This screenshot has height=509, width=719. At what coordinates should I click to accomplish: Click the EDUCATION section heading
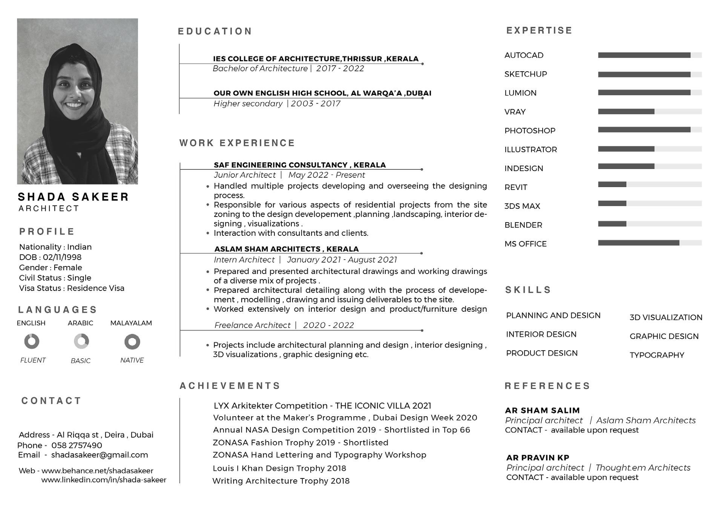coord(215,31)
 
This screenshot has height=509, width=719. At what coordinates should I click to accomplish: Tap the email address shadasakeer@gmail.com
coord(100,455)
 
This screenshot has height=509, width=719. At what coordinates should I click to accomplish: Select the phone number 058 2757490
coord(77,445)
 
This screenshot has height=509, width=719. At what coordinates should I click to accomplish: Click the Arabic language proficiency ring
coord(81,341)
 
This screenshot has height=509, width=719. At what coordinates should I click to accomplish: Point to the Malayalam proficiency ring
coord(132,342)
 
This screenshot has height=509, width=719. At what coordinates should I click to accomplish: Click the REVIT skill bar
coord(649,185)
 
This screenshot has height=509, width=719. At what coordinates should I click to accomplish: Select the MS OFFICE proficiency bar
coord(649,243)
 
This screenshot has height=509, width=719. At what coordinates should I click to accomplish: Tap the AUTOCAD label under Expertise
coord(524,55)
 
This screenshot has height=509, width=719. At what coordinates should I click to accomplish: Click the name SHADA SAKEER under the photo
coord(74,197)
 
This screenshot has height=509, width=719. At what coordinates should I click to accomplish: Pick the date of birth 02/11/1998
coord(62,257)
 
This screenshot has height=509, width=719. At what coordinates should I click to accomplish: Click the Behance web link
coord(97,471)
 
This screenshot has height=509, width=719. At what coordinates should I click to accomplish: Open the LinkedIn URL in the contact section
coord(104,480)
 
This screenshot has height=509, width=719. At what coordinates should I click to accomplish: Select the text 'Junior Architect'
coord(245,175)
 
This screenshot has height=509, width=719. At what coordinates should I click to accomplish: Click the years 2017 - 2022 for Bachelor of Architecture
coord(340,69)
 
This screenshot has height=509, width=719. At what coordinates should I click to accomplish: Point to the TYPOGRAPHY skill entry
coord(656,355)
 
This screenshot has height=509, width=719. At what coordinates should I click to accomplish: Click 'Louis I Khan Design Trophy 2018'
coord(279,468)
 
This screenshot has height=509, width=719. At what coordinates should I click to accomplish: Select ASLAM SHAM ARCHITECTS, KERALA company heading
coord(286,249)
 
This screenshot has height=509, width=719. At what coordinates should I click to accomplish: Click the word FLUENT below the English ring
coord(33,360)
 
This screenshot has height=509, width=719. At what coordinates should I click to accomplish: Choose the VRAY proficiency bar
coord(649,112)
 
